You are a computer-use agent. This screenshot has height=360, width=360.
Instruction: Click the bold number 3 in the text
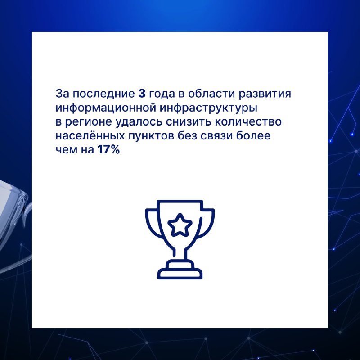click(142, 94)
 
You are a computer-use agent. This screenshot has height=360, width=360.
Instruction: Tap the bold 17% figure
click(108, 150)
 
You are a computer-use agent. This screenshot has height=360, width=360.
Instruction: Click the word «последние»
click(104, 94)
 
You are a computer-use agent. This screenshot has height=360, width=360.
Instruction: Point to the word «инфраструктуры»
click(208, 108)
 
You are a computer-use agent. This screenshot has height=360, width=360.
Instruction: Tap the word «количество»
click(248, 121)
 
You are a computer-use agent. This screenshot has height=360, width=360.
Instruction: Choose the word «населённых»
click(90, 136)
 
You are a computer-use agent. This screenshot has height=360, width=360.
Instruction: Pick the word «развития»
click(265, 94)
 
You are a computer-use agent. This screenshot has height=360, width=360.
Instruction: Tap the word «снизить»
click(189, 122)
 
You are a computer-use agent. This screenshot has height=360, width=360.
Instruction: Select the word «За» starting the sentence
click(62, 94)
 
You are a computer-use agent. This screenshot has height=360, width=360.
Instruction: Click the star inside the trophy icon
click(180, 225)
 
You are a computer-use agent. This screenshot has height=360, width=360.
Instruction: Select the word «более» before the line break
click(253, 136)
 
